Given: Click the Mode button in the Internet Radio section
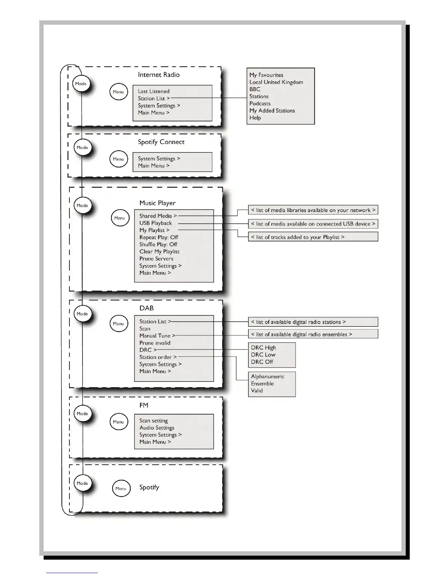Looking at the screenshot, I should coord(81,84).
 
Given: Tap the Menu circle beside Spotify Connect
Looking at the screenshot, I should coord(119,159).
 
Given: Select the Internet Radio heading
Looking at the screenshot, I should coord(159,75).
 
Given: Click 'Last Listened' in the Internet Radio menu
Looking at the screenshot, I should coord(153,91).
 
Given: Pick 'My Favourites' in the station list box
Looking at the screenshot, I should coord(266,75).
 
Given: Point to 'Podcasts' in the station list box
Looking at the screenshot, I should coord(260,104).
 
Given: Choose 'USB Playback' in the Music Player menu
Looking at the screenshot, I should coord(156,223).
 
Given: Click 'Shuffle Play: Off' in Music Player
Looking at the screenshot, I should coord(158,244).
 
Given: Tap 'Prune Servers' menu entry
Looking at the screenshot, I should coord(156,259).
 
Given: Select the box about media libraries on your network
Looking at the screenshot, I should coord(313,210).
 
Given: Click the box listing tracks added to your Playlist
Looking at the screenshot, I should coord(313,237).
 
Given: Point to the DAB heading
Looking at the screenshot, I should coord(147,308).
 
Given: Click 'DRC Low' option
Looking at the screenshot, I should coord(263,355).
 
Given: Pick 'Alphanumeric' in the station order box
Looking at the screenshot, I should coord(268,377).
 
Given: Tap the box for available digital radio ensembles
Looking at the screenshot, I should coord(313,334).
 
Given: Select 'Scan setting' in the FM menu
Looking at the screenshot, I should coord(153,421).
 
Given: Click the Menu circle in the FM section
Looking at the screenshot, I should coord(119,422).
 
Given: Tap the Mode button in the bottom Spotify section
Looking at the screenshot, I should coord(82,483).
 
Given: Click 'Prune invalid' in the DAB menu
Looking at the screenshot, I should coord(155,343).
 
